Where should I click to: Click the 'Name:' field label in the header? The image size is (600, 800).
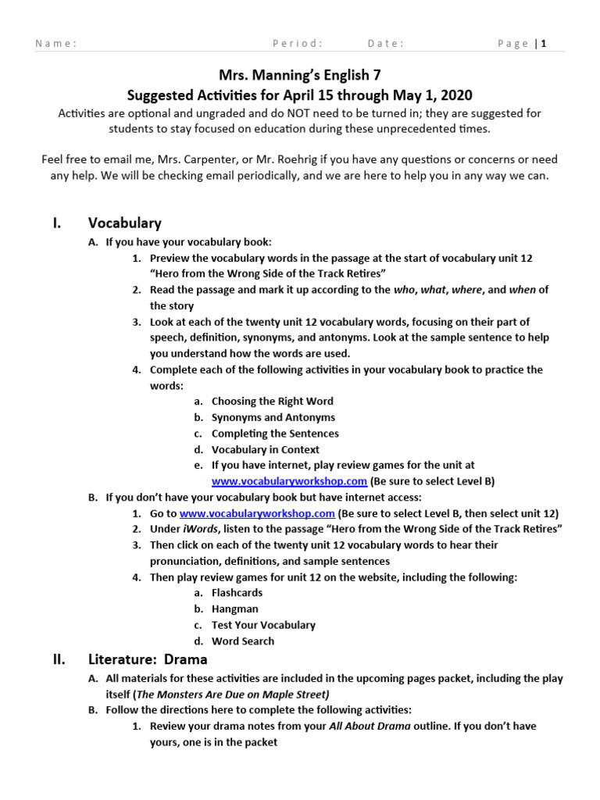55,44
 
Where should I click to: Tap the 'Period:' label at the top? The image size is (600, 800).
297,44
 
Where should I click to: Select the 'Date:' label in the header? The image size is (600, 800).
385,44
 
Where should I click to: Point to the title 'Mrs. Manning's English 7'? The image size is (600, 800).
300,75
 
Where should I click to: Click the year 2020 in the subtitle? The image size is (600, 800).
456,95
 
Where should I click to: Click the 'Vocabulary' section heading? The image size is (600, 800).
125,223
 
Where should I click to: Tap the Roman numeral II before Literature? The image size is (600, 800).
59,660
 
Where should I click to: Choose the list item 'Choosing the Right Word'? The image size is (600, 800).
272,401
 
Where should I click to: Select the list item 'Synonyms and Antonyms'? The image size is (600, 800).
273,417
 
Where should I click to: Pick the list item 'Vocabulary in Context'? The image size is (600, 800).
265,449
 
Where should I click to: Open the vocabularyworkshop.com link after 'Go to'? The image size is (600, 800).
257,513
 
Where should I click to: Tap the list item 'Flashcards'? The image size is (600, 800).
237,593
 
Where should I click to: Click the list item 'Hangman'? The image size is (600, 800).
234,609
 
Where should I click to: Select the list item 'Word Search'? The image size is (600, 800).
242,641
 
